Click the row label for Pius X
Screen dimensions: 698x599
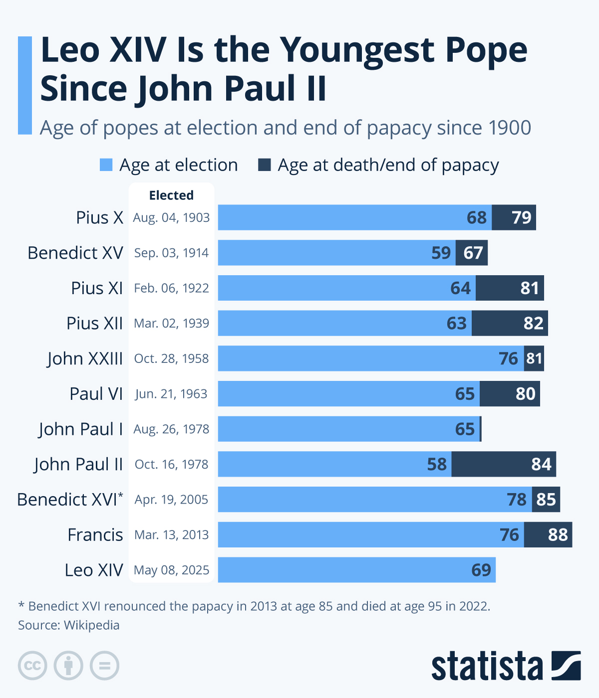click(x=99, y=218)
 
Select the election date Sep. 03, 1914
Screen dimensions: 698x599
click(x=171, y=253)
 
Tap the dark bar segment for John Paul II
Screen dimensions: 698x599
click(x=504, y=464)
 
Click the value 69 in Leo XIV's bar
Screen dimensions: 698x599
click(x=481, y=570)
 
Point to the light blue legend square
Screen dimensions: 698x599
click(x=106, y=165)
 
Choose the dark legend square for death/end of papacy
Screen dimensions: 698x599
click(x=264, y=165)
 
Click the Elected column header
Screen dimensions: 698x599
click(x=171, y=195)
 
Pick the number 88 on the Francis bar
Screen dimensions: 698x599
click(x=558, y=535)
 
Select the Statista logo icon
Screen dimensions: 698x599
click(x=566, y=666)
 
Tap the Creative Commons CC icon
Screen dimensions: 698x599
click(x=32, y=666)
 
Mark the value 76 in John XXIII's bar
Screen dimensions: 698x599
click(x=509, y=358)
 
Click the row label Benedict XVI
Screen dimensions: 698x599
click(x=70, y=500)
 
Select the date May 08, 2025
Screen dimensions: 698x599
click(x=171, y=570)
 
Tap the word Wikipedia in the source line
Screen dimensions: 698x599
click(x=92, y=625)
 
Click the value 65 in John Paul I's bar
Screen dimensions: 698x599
click(x=465, y=429)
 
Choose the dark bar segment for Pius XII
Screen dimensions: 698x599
click(x=510, y=323)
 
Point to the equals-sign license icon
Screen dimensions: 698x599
click(x=104, y=666)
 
